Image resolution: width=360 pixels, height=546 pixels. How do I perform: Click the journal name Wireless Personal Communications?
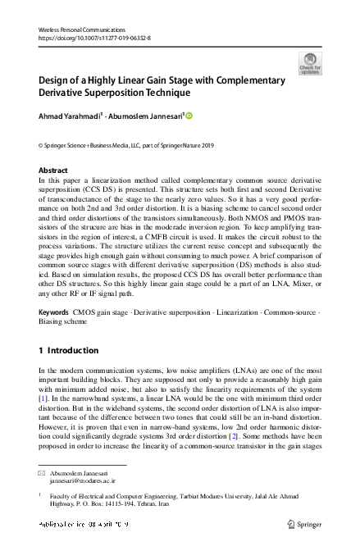click(x=79, y=29)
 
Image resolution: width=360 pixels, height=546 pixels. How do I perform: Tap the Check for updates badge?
click(x=311, y=63)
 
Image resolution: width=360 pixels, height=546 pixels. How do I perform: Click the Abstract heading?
click(x=54, y=171)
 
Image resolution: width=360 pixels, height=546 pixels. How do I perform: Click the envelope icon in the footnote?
click(x=43, y=475)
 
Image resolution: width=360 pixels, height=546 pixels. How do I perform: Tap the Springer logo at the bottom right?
click(x=307, y=523)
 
